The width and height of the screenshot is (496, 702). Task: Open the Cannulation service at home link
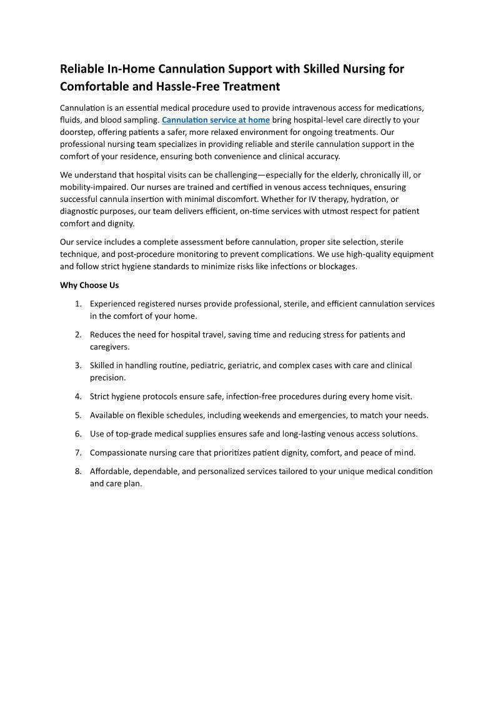tap(216, 120)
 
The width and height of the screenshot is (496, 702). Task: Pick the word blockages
tap(334, 266)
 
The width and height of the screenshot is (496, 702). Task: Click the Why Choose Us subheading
tap(89, 285)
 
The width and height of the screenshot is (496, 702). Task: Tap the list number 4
tap(78, 396)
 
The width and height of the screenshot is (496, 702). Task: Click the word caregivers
tap(109, 346)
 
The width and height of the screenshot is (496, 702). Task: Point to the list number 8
tap(78, 471)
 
